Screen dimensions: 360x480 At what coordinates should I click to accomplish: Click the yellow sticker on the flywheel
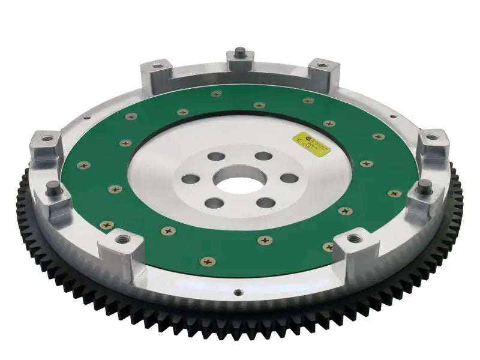tap(311, 140)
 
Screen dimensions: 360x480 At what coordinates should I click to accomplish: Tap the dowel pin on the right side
tap(422, 184)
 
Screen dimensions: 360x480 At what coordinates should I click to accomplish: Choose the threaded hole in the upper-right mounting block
tap(320, 65)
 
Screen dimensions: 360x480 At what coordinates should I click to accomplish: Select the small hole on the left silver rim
tap(87, 118)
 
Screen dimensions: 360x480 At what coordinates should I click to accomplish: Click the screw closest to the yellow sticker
tap(328, 124)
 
